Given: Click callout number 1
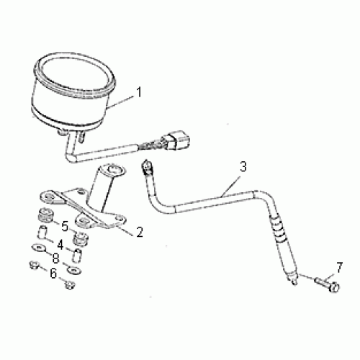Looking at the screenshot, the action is click(139, 92).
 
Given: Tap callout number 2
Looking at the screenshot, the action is click(140, 232).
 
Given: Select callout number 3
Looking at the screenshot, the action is click(243, 166).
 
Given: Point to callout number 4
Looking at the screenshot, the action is click(60, 245).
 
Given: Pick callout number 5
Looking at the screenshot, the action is click(65, 226).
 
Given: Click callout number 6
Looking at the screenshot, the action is click(53, 273).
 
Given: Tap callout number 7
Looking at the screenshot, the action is click(339, 268).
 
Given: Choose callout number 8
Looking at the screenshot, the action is click(55, 258).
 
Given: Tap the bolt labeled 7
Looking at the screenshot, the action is click(327, 284).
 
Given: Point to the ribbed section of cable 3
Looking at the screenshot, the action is click(279, 228).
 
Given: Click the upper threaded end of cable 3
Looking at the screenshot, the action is click(147, 167).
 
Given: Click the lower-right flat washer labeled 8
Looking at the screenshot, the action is click(74, 271).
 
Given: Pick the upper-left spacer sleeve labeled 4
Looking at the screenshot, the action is click(42, 232).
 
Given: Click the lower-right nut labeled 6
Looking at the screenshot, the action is click(69, 284).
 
